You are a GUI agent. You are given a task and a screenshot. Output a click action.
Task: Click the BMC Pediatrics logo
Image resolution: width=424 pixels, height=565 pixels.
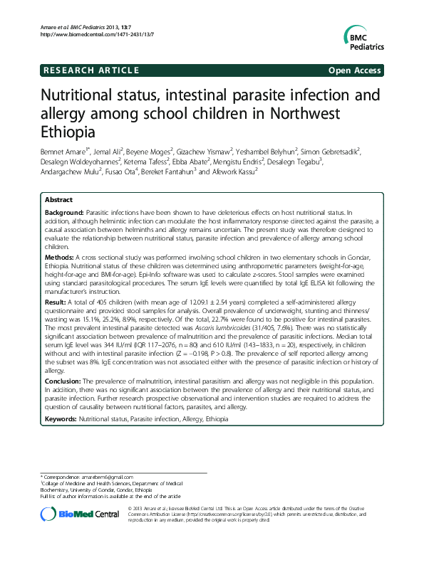(x=363, y=39)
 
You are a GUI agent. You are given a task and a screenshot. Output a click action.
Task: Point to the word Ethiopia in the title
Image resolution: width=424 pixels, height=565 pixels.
(x=69, y=131)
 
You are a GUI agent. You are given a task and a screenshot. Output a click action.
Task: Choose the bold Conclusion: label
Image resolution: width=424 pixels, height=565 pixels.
(x=66, y=381)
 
